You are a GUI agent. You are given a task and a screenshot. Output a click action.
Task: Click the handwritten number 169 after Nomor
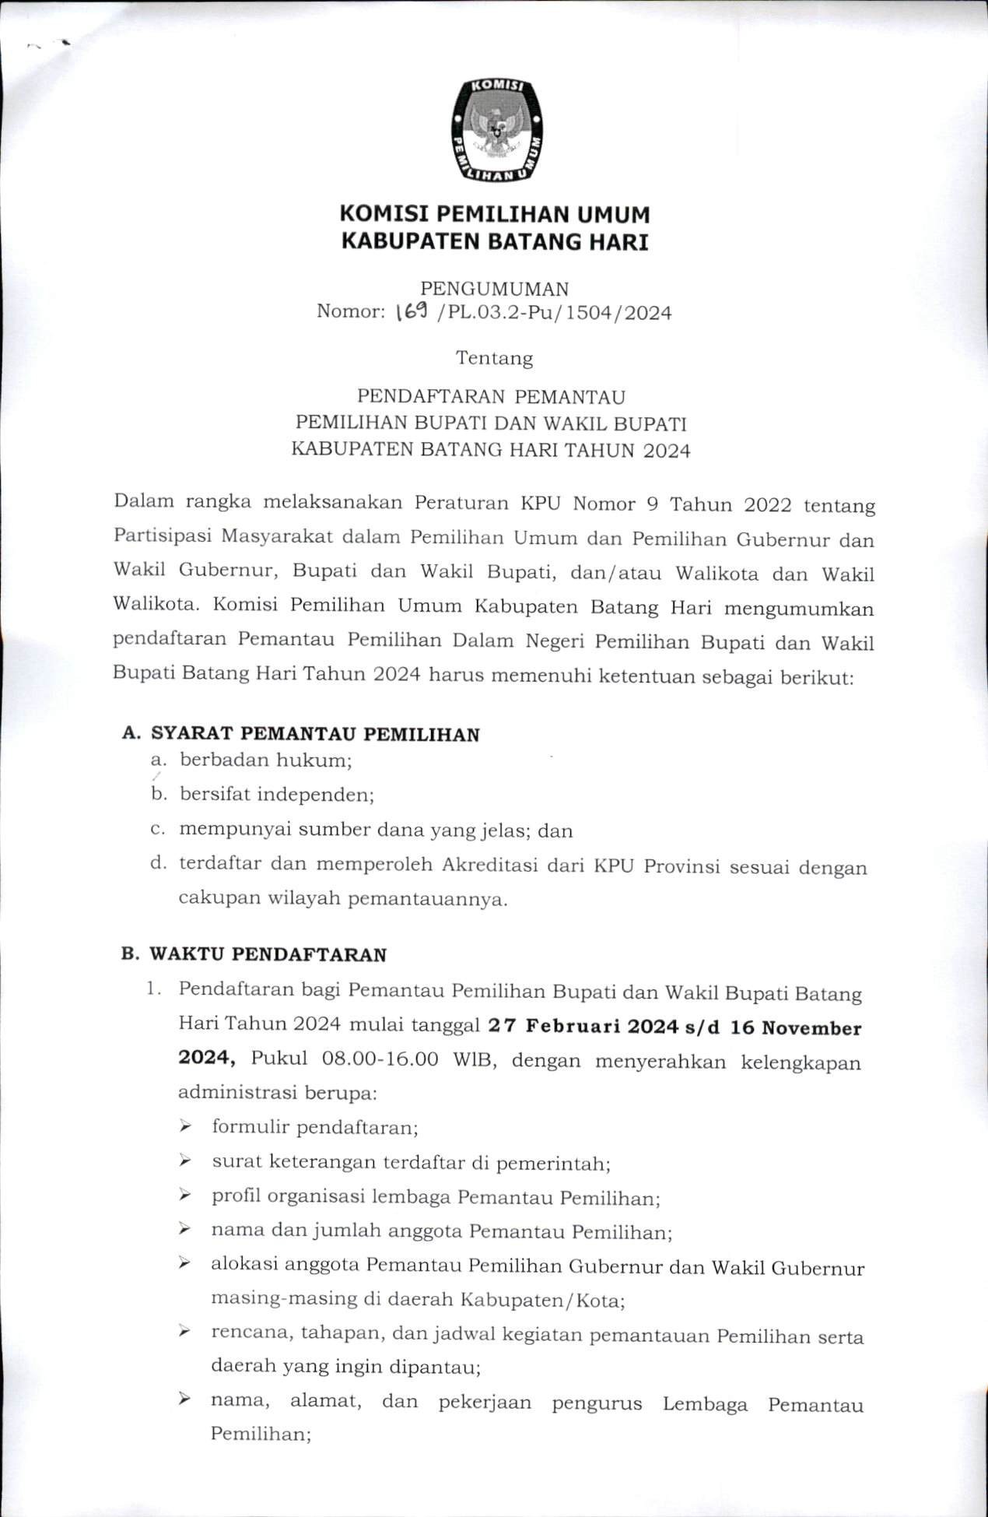(409, 313)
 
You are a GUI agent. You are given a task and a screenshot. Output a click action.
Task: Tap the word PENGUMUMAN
(495, 289)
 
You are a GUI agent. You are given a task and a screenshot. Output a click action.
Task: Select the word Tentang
(495, 359)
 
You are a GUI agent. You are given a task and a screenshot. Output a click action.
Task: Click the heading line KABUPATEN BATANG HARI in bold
(496, 242)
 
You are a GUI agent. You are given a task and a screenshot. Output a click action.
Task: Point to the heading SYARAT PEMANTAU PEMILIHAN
(314, 733)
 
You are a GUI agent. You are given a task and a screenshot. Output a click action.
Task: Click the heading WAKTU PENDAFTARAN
(268, 954)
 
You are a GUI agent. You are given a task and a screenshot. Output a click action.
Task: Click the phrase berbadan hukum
(265, 760)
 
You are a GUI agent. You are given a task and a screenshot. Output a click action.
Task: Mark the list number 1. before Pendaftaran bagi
(153, 990)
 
